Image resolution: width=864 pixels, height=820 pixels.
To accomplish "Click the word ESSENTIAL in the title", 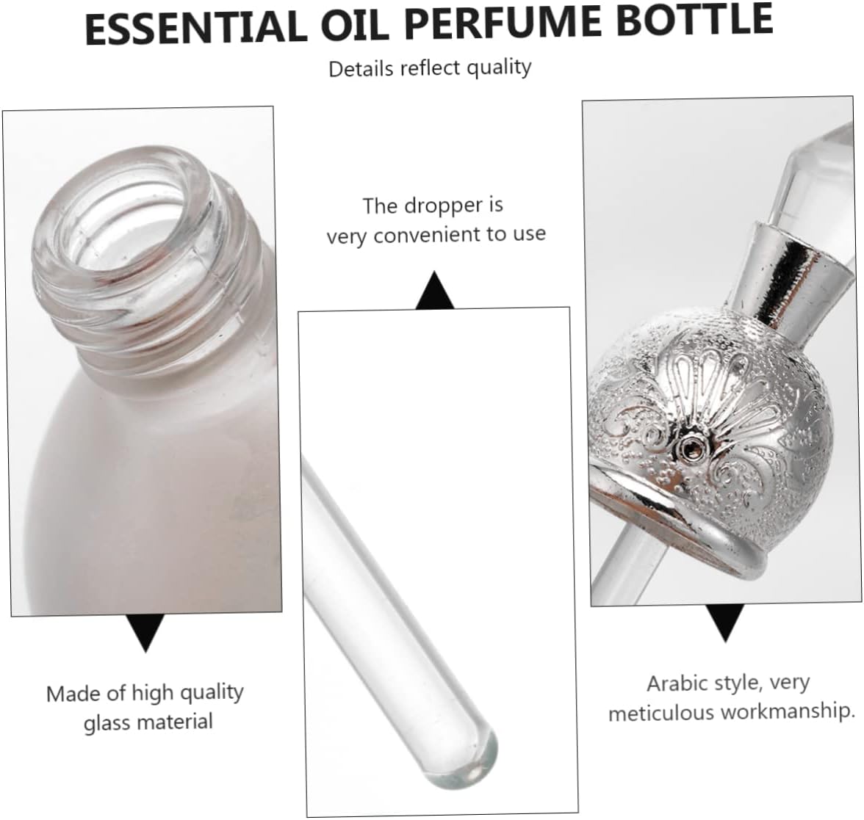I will tap(192, 28).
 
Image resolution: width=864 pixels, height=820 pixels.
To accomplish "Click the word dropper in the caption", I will tap(437, 206).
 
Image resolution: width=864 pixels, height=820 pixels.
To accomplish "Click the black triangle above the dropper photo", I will tap(436, 291).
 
